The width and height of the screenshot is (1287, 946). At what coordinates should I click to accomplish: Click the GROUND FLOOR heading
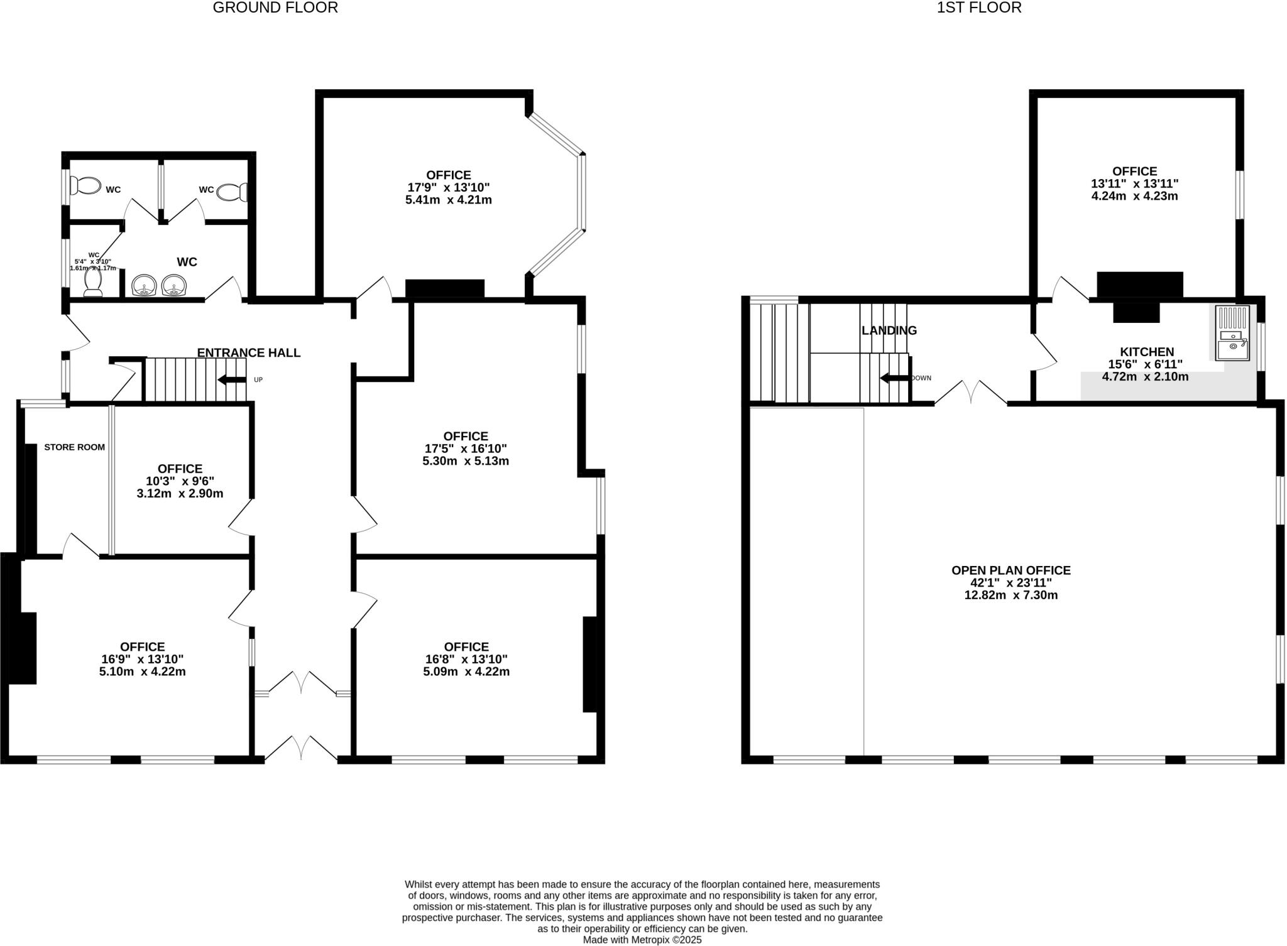pyautogui.click(x=275, y=8)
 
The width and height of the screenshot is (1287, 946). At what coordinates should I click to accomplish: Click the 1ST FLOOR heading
pyautogui.click(x=979, y=8)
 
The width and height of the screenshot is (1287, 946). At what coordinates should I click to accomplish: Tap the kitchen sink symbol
pyautogui.click(x=1232, y=333)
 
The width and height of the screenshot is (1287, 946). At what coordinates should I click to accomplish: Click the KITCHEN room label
pyautogui.click(x=1146, y=352)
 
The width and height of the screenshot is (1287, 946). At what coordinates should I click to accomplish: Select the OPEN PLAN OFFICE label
pyautogui.click(x=1010, y=570)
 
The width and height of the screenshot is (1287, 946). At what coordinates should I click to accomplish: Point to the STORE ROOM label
pyautogui.click(x=74, y=447)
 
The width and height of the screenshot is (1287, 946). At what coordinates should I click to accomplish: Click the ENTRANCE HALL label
pyautogui.click(x=249, y=353)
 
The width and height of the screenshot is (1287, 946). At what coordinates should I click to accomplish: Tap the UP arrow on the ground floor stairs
pyautogui.click(x=231, y=379)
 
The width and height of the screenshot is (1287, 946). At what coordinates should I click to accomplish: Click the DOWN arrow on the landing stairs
pyautogui.click(x=894, y=378)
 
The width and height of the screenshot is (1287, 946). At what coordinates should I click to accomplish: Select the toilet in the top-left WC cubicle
pyautogui.click(x=85, y=187)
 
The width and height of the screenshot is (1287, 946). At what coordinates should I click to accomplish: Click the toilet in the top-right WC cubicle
pyautogui.click(x=233, y=192)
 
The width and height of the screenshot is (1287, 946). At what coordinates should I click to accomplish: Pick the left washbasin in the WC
pyautogui.click(x=145, y=286)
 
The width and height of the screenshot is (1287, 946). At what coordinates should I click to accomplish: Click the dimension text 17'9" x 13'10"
pyautogui.click(x=448, y=187)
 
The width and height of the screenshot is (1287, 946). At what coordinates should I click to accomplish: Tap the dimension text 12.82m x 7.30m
pyautogui.click(x=1010, y=595)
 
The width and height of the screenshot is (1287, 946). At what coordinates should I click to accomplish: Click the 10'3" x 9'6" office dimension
pyautogui.click(x=180, y=481)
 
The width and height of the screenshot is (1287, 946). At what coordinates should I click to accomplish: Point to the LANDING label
pyautogui.click(x=889, y=330)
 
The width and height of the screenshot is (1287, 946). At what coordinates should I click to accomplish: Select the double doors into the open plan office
pyautogui.click(x=971, y=392)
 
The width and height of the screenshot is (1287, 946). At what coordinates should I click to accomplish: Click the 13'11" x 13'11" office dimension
pyautogui.click(x=1134, y=183)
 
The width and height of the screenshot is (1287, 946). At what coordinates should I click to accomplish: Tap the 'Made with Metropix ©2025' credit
pyautogui.click(x=642, y=940)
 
